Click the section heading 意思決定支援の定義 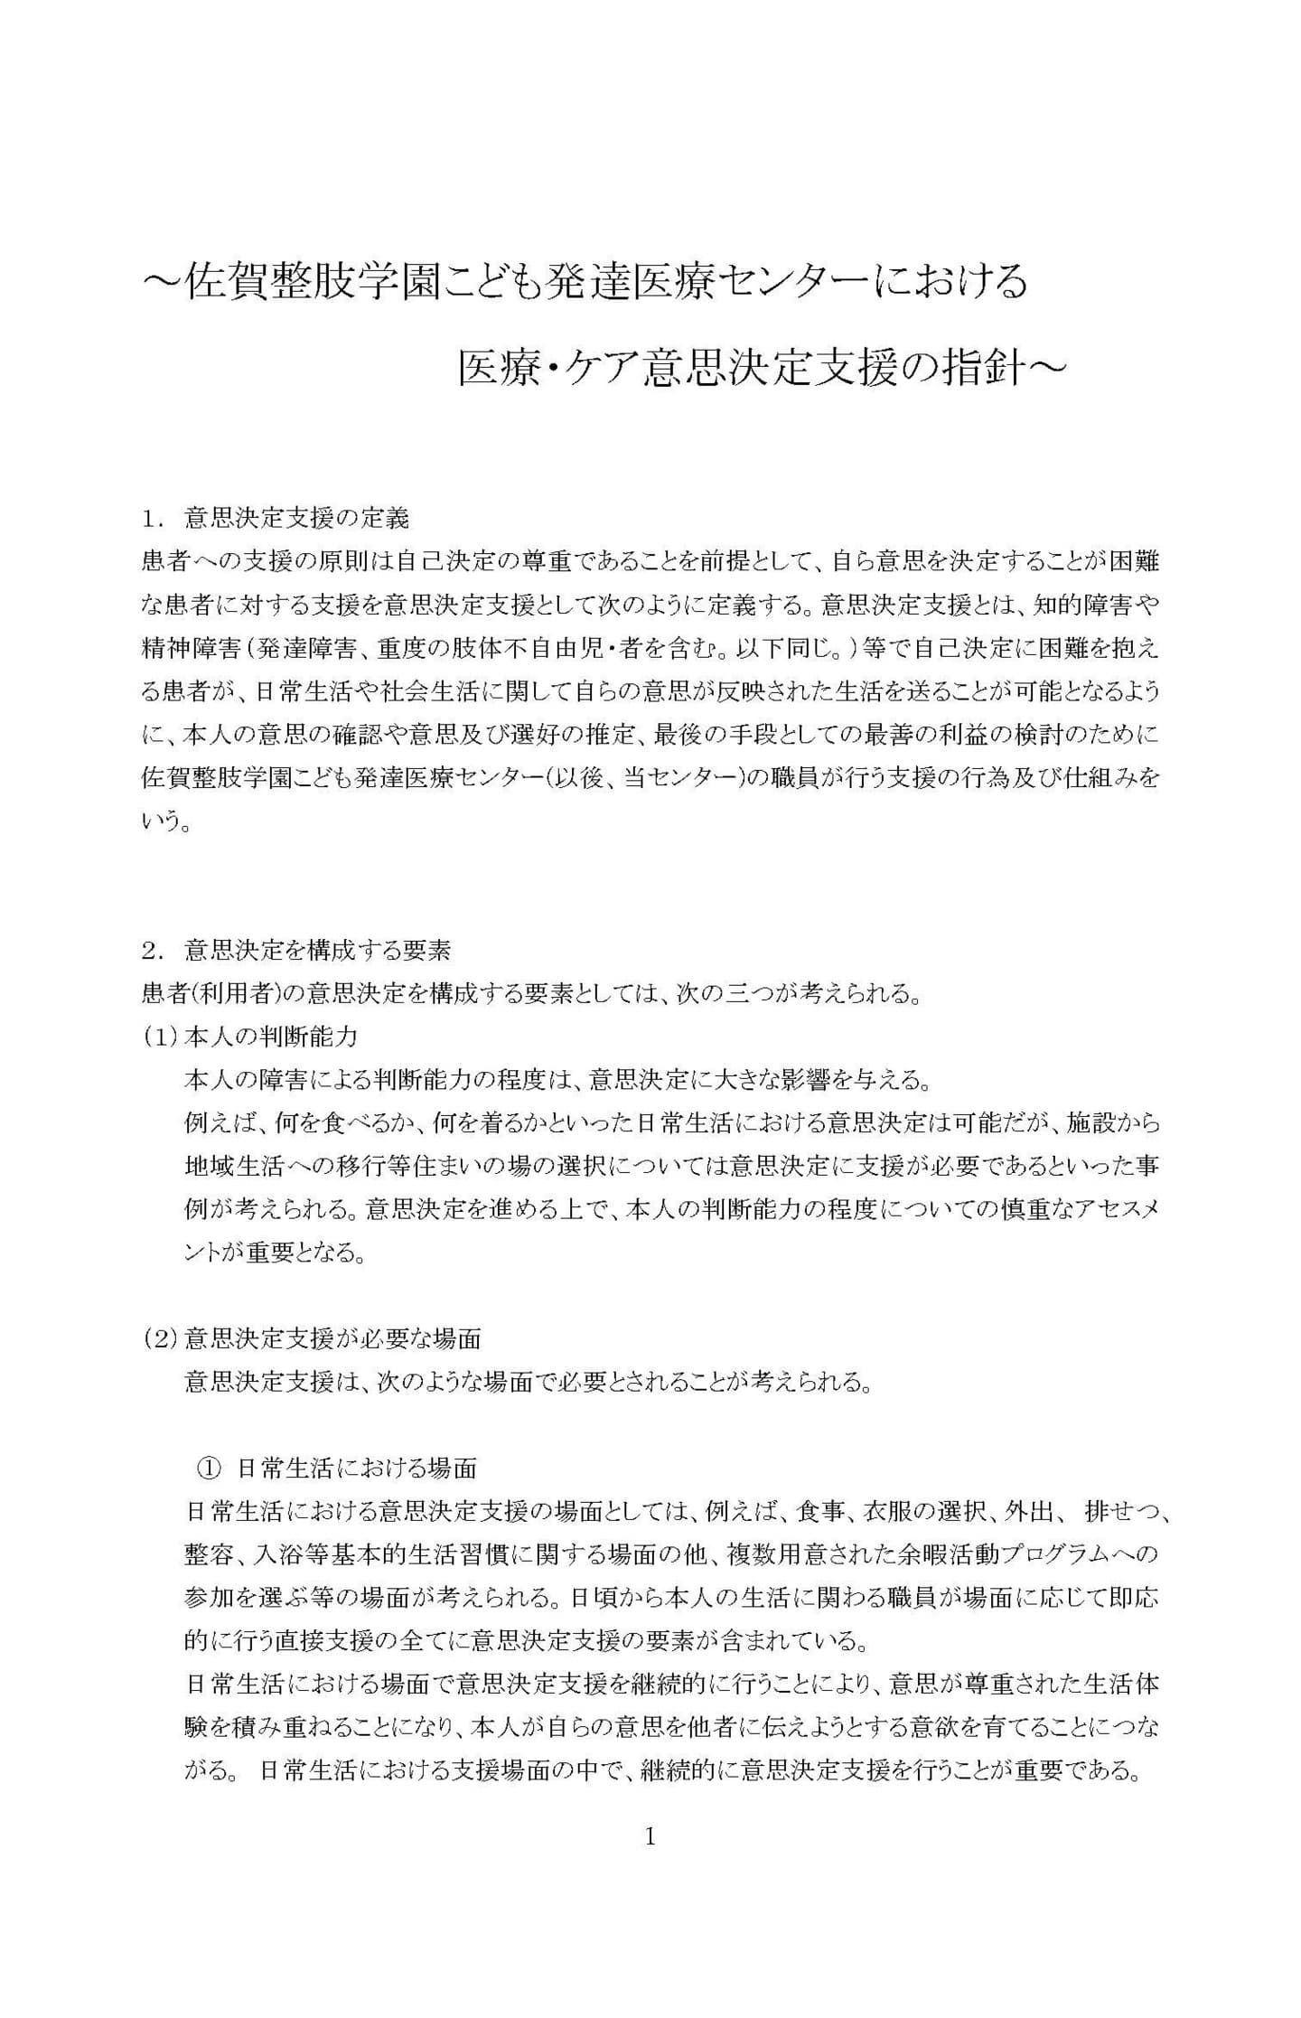(x=296, y=518)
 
